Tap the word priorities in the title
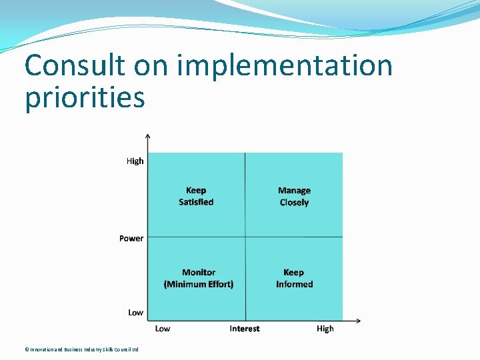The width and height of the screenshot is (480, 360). click(x=85, y=97)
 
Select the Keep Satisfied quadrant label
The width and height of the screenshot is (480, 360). click(x=196, y=196)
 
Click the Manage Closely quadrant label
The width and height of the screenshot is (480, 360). click(x=294, y=197)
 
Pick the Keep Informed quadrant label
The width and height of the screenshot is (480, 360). click(x=294, y=278)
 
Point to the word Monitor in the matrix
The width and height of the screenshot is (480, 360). click(x=199, y=272)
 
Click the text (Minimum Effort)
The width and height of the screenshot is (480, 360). click(x=199, y=284)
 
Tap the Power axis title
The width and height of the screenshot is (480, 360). click(x=131, y=238)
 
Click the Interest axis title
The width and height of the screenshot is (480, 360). click(x=245, y=329)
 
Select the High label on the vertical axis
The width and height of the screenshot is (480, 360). click(x=135, y=161)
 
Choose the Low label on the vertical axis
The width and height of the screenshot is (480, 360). click(x=135, y=312)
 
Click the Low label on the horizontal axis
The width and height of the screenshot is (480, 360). click(x=163, y=329)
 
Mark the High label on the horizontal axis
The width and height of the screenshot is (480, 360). click(x=325, y=329)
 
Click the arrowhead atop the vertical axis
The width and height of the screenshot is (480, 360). click(x=148, y=137)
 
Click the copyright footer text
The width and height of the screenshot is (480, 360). click(x=81, y=349)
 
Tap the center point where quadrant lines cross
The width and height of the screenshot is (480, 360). click(x=245, y=237)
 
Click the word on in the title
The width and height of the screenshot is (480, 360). click(x=153, y=66)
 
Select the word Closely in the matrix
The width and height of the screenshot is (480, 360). click(x=294, y=203)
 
